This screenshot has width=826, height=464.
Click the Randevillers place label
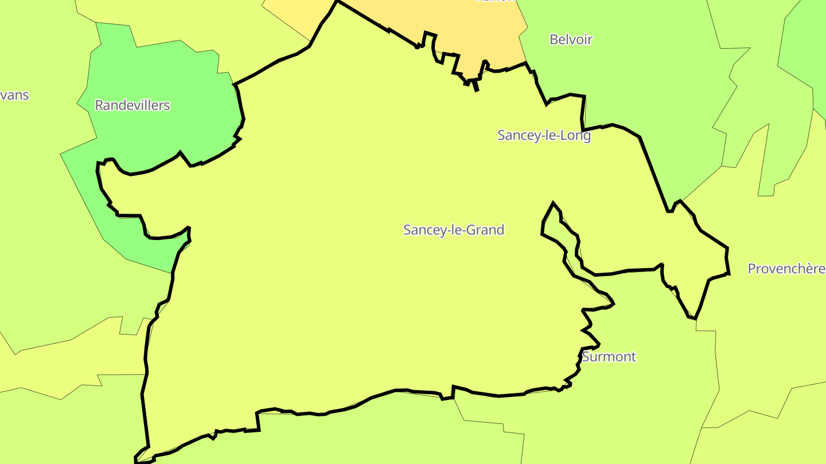pyautogui.click(x=133, y=105)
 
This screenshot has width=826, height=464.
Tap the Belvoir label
pyautogui.click(x=571, y=40)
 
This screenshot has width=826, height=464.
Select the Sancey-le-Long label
pyautogui.click(x=544, y=136)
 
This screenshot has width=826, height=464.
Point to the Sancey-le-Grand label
pyautogui.click(x=454, y=230)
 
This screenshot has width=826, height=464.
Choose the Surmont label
pyautogui.click(x=609, y=357)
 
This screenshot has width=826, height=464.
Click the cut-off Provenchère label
pyautogui.click(x=786, y=269)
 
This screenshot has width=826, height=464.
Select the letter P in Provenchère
pyautogui.click(x=752, y=269)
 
